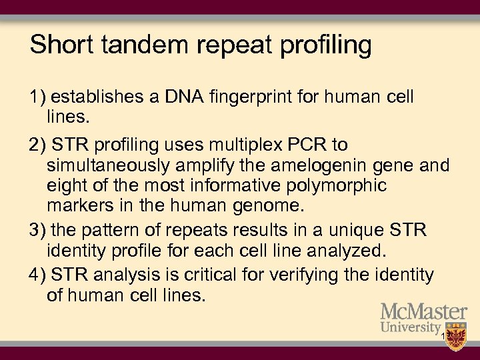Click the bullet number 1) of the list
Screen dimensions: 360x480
click(38, 97)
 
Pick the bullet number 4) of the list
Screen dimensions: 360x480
click(38, 275)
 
